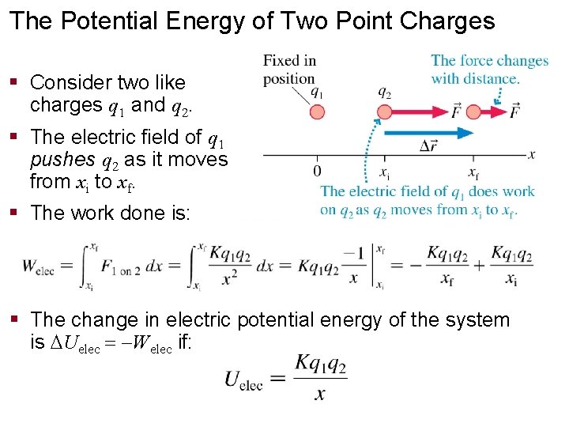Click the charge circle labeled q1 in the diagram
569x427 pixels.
click(x=317, y=111)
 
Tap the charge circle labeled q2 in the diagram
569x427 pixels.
click(x=384, y=111)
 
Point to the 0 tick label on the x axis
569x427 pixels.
click(x=317, y=172)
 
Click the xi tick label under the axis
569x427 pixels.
click(x=385, y=172)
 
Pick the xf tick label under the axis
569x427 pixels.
click(x=473, y=172)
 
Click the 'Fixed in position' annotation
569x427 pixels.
click(x=289, y=69)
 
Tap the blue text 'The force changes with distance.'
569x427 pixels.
click(x=489, y=69)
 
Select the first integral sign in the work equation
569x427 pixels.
click(x=86, y=266)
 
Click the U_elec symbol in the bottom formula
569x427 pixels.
click(x=243, y=379)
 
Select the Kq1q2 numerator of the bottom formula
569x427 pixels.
click(x=320, y=365)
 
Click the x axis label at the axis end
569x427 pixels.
click(x=533, y=155)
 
